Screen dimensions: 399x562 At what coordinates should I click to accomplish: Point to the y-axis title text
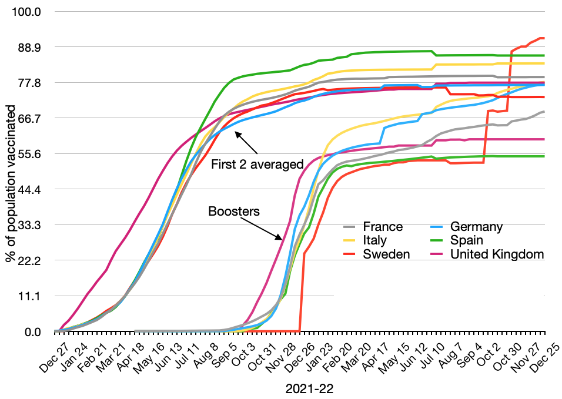11,172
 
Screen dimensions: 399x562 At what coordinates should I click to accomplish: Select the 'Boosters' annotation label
234,210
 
